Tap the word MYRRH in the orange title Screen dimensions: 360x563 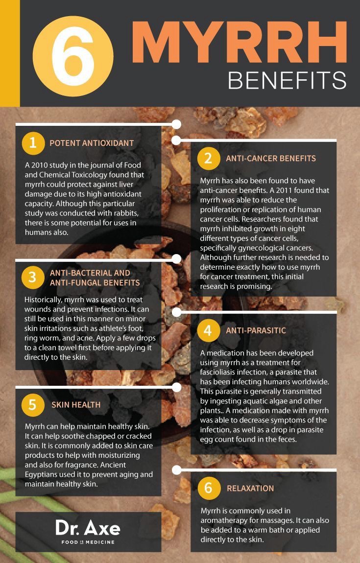240,43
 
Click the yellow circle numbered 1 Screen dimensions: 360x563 33,143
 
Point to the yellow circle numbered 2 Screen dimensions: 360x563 208,158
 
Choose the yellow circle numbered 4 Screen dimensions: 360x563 208,330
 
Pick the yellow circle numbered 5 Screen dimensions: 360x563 33,404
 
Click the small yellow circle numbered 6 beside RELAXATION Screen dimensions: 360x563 208,488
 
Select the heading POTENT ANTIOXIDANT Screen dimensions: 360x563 92,143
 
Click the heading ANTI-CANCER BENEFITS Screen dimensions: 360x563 271,158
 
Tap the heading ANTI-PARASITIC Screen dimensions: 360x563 256,330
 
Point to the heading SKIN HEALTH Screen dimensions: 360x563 76,405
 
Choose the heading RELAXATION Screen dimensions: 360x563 250,488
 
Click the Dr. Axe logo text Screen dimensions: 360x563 88,528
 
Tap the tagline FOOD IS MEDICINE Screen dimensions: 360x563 88,542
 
